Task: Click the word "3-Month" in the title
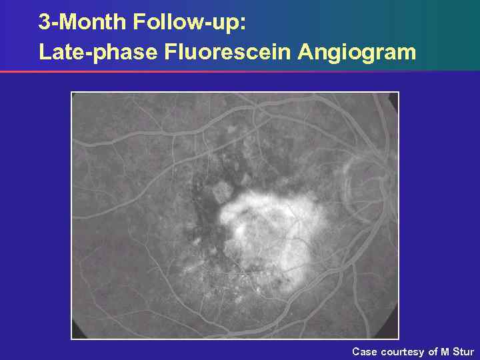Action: (83, 22)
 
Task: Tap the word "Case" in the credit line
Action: (364, 351)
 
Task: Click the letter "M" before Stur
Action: (445, 351)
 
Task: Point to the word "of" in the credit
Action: (433, 351)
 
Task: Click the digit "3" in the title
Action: (44, 22)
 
